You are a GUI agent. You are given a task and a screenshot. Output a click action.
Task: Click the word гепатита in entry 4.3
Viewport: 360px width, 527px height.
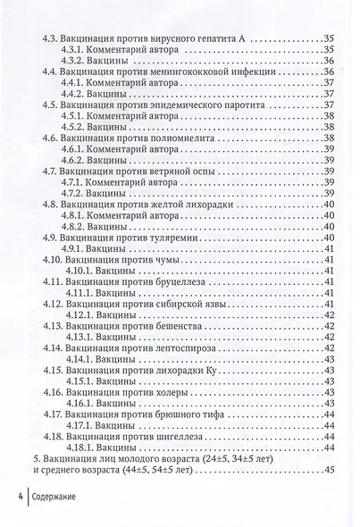click(215, 39)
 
